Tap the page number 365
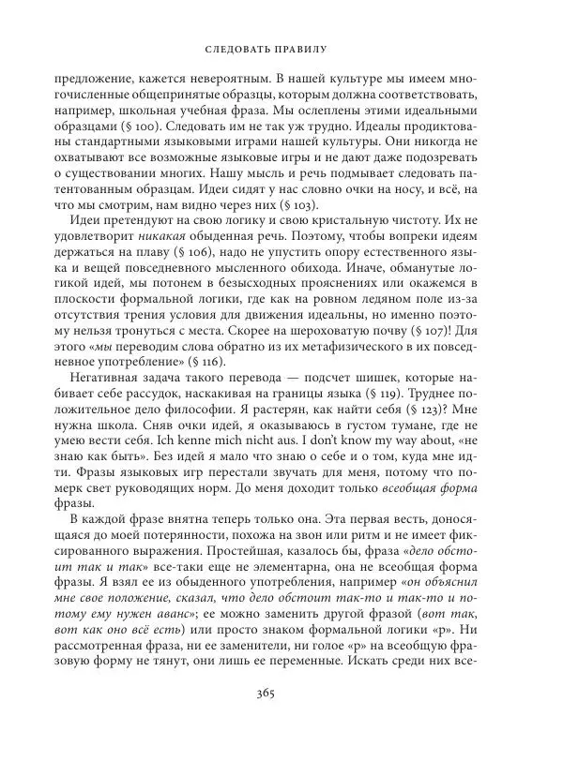tap(281, 723)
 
